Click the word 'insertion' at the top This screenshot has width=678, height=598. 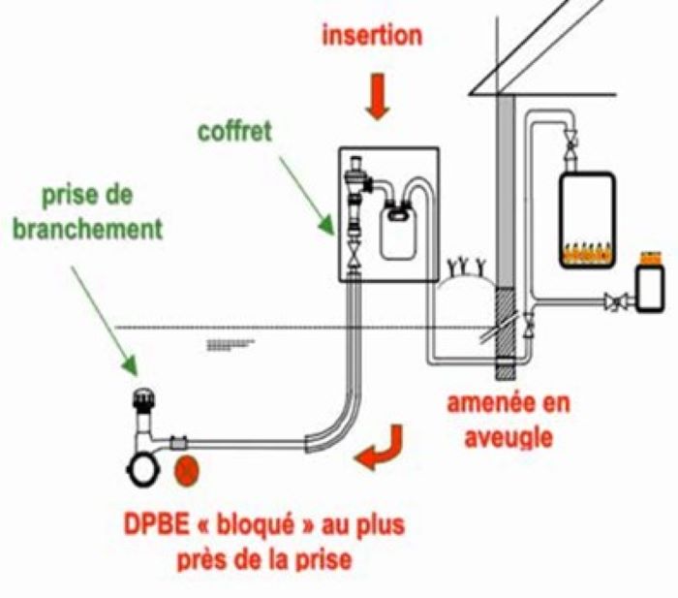click(x=372, y=37)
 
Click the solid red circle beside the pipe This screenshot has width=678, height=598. click(x=187, y=469)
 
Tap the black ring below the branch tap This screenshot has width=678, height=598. click(x=141, y=471)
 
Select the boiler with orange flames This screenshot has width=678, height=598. click(x=588, y=219)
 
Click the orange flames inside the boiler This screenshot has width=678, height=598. click(x=588, y=254)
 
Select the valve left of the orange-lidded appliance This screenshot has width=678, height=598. click(x=614, y=303)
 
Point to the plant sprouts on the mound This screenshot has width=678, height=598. click(x=467, y=265)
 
